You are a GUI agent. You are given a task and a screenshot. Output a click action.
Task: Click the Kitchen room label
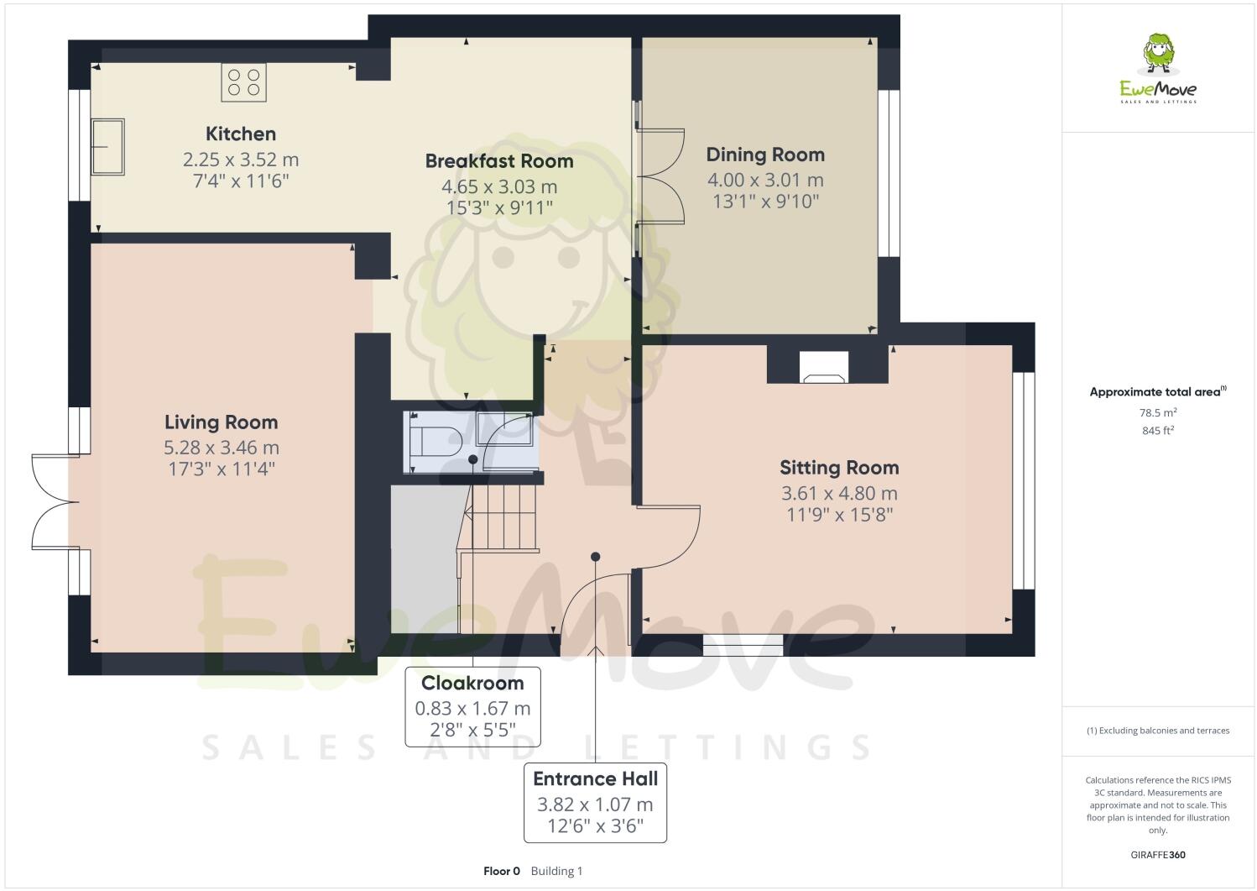click(241, 134)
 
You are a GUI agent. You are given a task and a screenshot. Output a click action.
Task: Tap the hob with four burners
click(243, 82)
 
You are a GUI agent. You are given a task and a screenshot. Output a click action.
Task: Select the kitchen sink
click(107, 146)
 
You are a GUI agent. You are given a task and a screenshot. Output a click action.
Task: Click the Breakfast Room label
click(498, 161)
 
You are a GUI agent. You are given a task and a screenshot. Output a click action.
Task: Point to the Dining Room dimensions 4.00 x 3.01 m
click(764, 180)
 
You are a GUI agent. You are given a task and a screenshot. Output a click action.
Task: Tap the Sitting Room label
click(838, 468)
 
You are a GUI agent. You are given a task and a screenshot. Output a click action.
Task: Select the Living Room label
click(221, 422)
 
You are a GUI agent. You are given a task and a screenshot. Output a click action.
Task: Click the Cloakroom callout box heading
click(472, 683)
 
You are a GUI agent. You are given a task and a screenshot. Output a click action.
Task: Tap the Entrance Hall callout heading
click(595, 778)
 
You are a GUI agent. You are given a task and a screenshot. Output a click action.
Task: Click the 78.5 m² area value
click(1158, 412)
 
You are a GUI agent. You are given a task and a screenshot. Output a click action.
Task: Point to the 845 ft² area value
click(1158, 431)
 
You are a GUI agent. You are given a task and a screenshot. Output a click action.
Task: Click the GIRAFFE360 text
click(1158, 855)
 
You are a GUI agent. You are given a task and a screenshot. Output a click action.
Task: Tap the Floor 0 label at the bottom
click(502, 871)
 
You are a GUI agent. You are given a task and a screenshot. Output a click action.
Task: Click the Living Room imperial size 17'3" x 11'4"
click(222, 469)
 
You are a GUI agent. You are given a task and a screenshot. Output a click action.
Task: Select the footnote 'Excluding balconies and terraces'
click(1158, 731)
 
